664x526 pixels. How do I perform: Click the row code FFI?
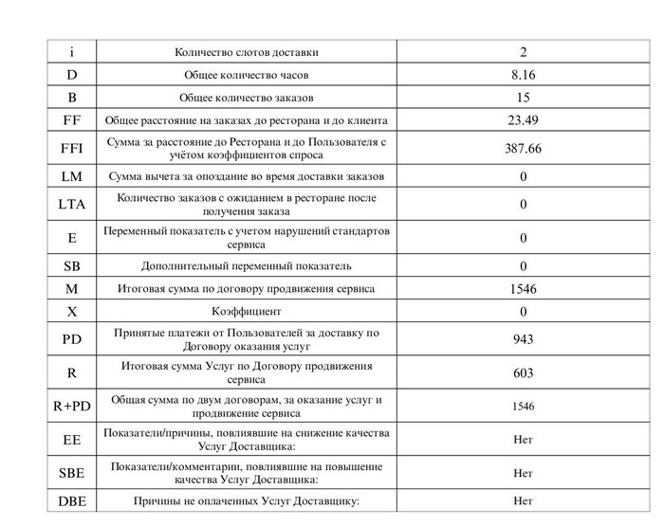[72, 149]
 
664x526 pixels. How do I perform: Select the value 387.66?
[523, 149]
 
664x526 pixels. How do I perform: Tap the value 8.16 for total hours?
[523, 75]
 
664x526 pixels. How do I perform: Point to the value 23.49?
[523, 120]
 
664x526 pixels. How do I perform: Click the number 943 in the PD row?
[523, 339]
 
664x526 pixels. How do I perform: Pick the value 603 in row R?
[523, 372]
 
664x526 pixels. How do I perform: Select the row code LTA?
[72, 204]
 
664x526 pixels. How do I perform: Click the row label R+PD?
[72, 406]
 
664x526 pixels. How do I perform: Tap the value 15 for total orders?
[523, 98]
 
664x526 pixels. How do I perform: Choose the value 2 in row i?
[523, 52]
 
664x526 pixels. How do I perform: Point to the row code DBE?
[72, 501]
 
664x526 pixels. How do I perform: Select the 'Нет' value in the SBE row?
[523, 472]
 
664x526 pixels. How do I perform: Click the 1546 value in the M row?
[523, 289]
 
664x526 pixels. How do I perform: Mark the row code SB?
[72, 266]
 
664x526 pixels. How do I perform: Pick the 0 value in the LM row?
[523, 177]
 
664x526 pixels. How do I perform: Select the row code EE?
[72, 440]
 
